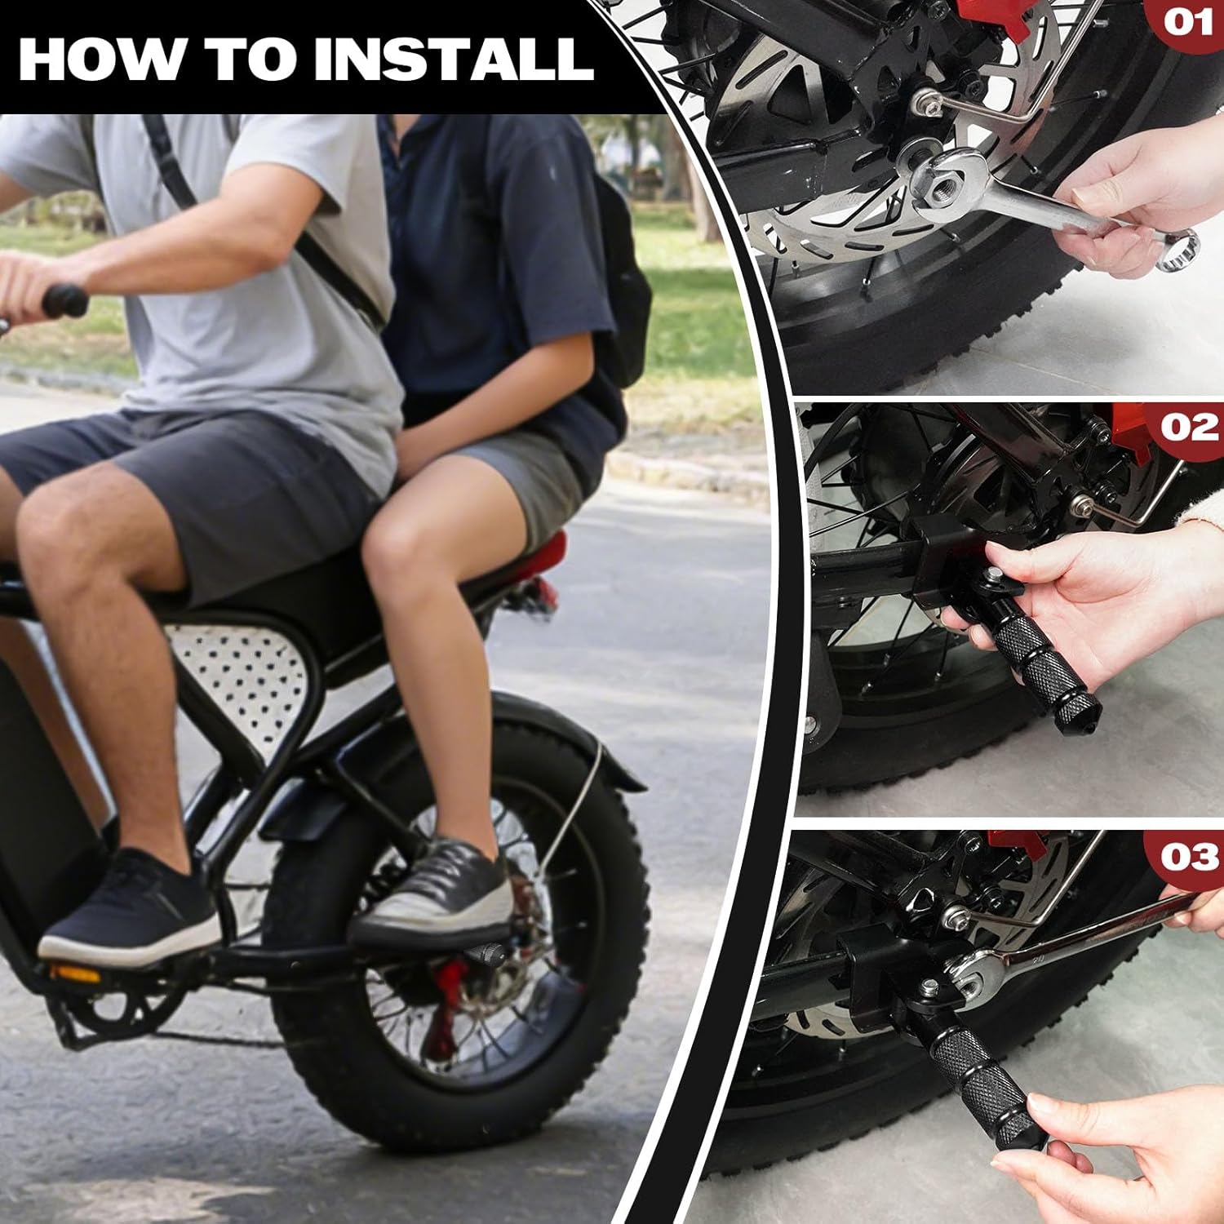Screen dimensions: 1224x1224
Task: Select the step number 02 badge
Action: (x=1189, y=427)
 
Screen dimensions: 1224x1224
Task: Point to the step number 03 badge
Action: (x=1189, y=857)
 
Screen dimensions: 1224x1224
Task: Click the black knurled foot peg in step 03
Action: (x=979, y=1077)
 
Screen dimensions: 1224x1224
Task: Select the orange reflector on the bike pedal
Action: (x=75, y=973)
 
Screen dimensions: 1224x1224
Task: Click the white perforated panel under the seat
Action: (x=241, y=673)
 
